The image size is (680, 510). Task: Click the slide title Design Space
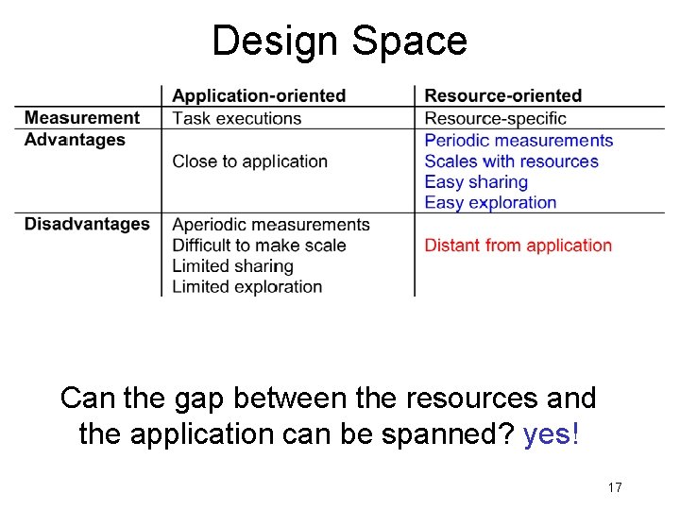click(339, 42)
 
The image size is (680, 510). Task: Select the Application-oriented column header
click(259, 95)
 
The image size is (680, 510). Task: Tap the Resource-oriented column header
click(502, 95)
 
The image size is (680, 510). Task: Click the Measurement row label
click(82, 118)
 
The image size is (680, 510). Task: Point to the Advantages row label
click(75, 140)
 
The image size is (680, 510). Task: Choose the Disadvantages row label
click(87, 224)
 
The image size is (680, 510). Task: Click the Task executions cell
click(236, 118)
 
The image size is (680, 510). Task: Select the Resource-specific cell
click(495, 118)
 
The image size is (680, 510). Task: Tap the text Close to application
click(249, 161)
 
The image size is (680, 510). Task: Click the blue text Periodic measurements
click(518, 141)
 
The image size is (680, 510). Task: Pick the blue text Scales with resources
click(511, 161)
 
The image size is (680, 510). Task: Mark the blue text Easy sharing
click(476, 182)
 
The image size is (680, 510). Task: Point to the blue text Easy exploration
click(490, 202)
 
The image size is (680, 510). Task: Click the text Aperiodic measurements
click(270, 225)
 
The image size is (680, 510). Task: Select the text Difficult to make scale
click(259, 246)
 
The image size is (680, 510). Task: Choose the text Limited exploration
click(246, 287)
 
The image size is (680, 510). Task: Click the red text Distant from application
click(518, 246)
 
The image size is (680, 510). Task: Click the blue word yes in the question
click(547, 435)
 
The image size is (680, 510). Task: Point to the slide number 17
click(614, 487)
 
